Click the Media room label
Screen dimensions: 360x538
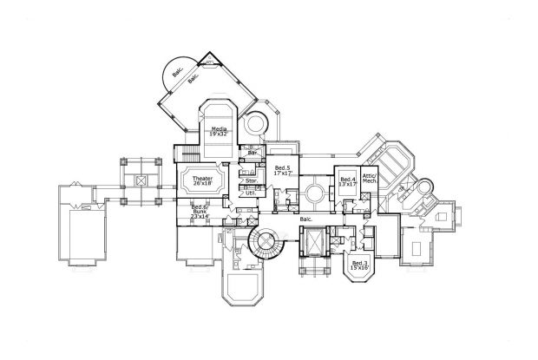pos(219,129)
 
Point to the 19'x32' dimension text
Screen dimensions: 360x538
pos(219,135)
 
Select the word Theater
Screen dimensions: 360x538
pos(202,178)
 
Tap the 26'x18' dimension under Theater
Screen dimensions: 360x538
pos(202,184)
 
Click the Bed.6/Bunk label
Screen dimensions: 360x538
pos(200,208)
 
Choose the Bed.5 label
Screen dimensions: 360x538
pos(281,167)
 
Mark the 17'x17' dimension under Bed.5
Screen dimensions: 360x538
pos(281,173)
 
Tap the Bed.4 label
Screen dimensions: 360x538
pos(347,179)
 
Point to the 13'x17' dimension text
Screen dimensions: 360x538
pos(347,185)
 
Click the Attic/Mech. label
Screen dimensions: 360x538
pos(369,179)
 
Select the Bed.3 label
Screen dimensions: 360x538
pos(359,261)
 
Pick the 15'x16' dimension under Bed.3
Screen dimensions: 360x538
pos(359,268)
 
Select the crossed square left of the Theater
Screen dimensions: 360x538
pos(141,183)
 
